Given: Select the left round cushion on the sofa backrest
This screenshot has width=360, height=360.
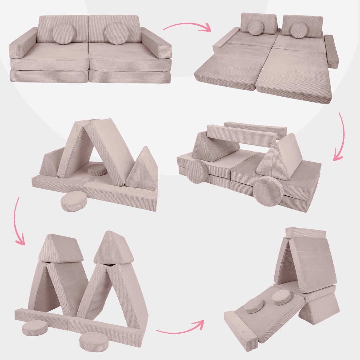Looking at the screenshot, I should pos(63,33).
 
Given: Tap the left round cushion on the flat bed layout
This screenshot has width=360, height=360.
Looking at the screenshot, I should pos(256,28).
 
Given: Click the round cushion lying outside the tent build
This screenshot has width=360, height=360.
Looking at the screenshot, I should pos(74,201).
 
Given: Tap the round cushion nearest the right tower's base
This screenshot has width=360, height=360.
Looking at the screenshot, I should pos(93,341).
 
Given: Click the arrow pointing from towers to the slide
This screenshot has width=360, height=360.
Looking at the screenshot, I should pos(180,328).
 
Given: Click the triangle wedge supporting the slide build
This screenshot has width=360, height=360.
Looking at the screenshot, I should pos(319,308).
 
